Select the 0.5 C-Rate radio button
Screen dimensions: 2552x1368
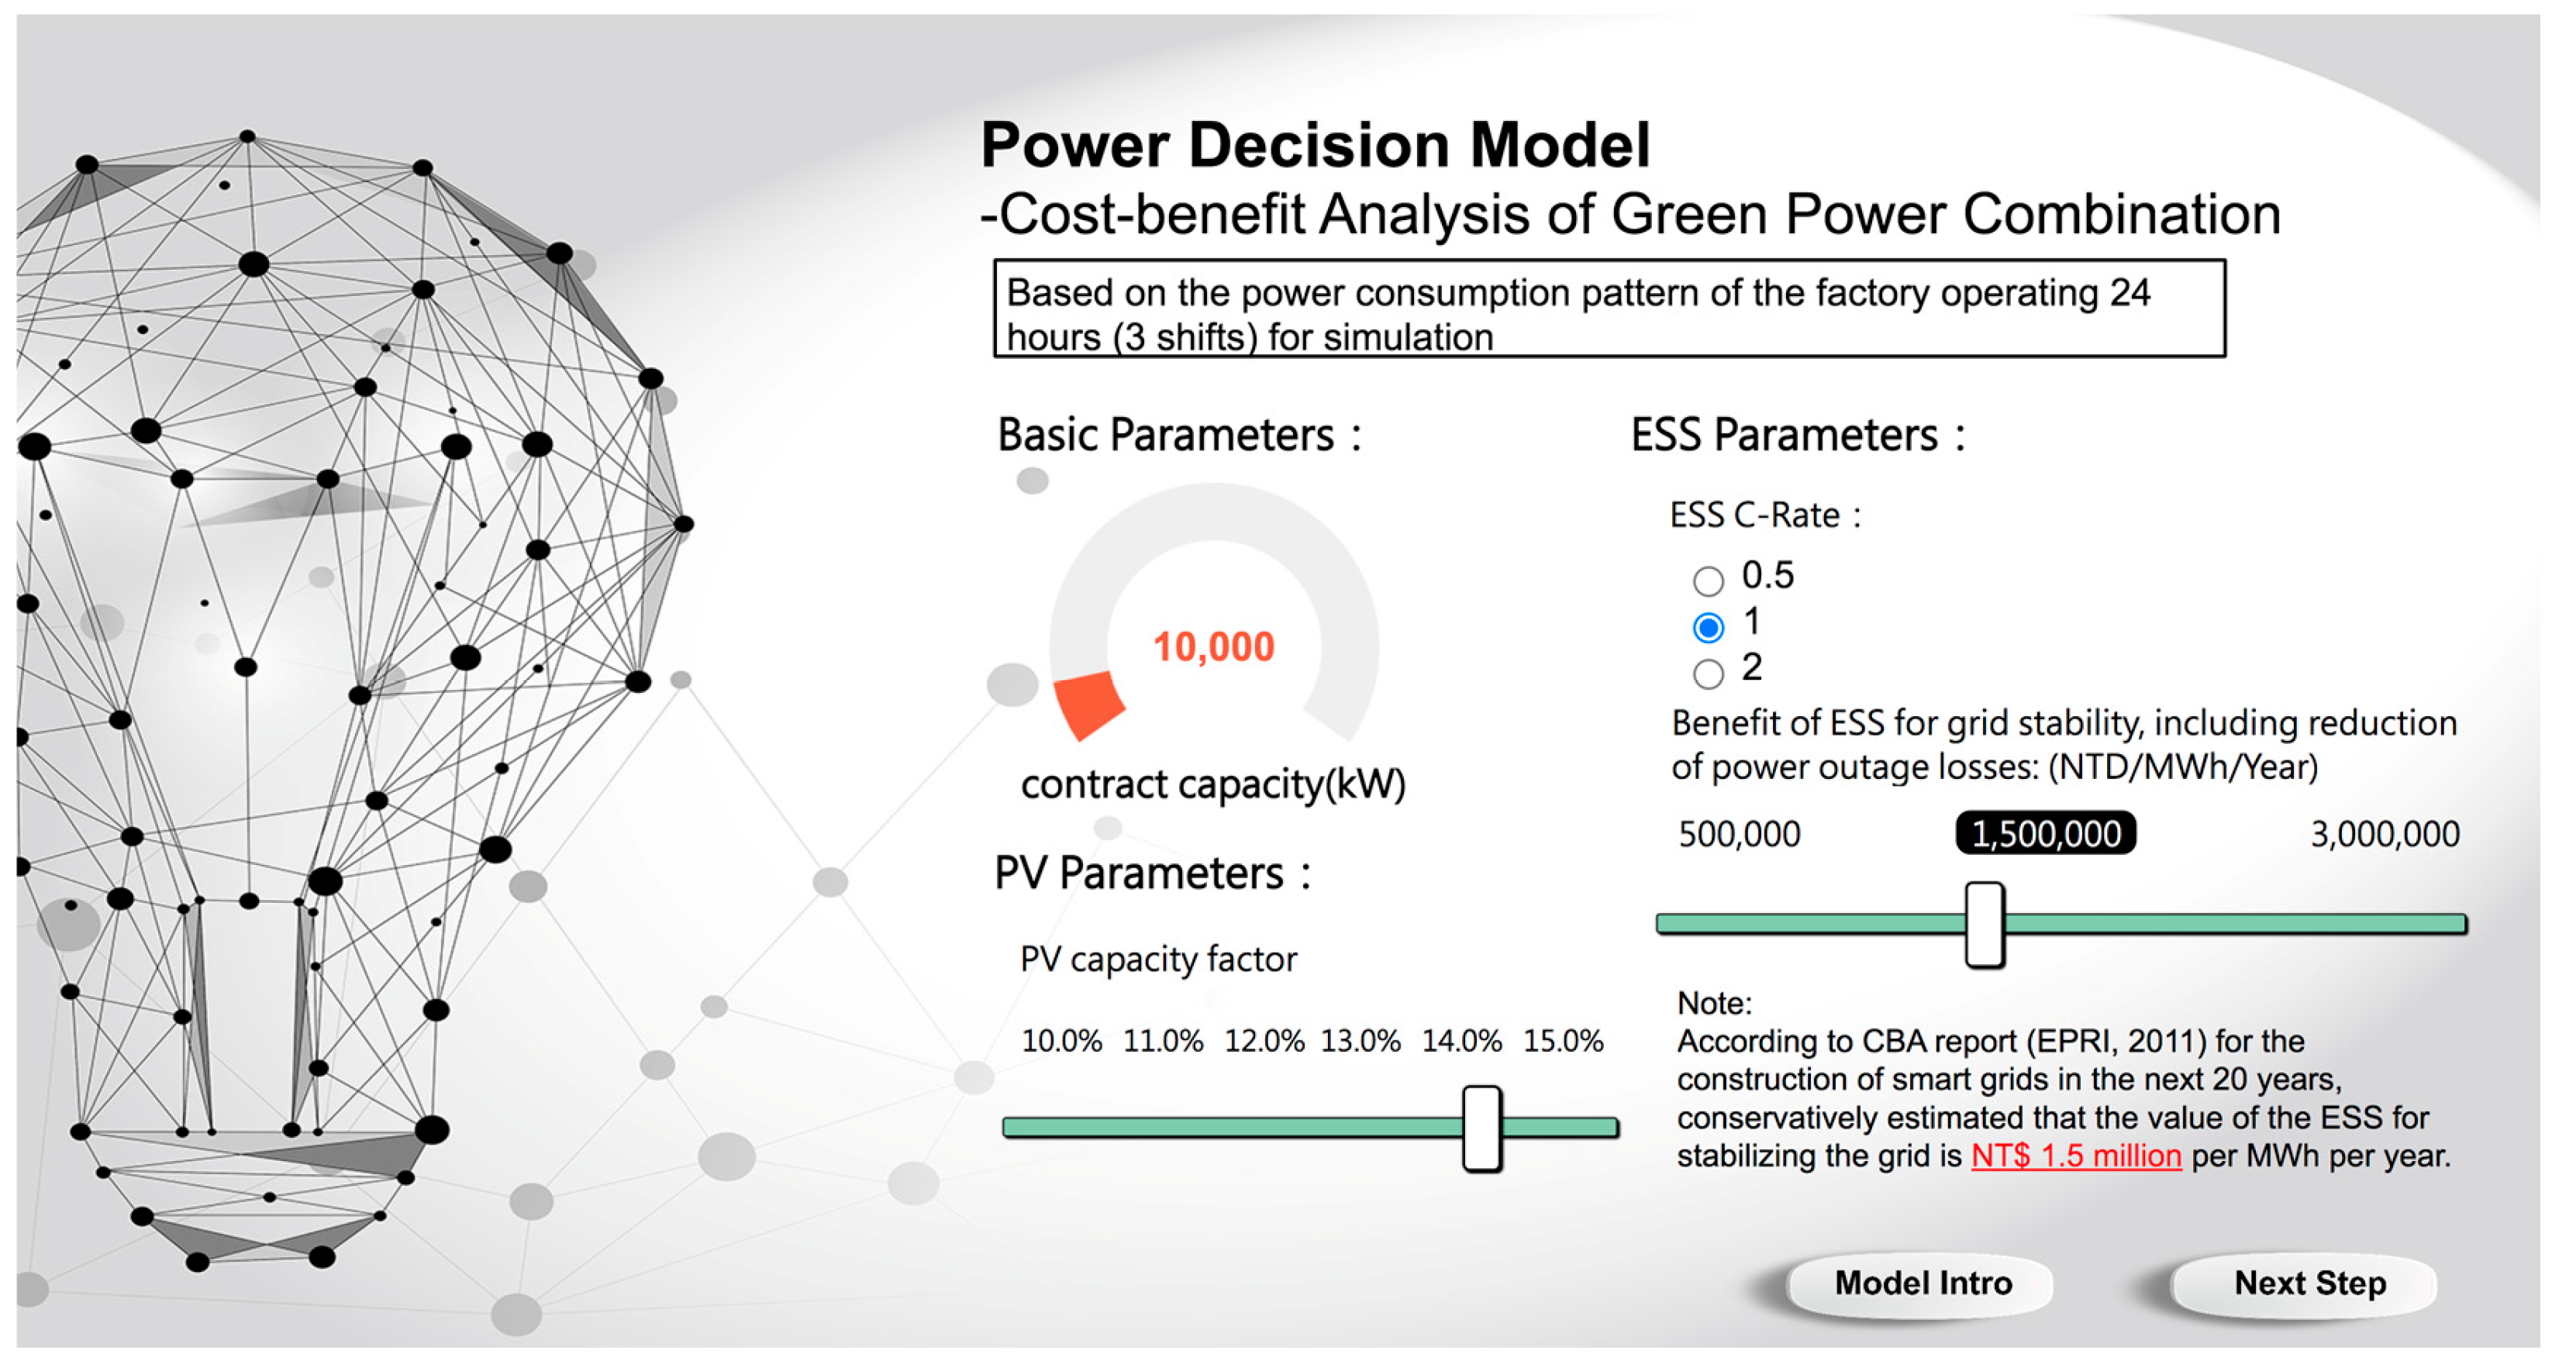[x=1708, y=581]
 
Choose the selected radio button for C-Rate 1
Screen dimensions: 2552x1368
[x=1708, y=627]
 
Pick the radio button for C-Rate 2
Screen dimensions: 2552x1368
[x=1708, y=674]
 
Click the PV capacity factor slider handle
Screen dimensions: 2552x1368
[x=1482, y=1129]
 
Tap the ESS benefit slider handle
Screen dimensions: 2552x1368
[x=1985, y=924]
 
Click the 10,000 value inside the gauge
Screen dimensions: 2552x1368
[x=1213, y=647]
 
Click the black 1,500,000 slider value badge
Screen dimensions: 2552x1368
[x=2046, y=833]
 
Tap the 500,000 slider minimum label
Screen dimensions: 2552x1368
[x=1739, y=834]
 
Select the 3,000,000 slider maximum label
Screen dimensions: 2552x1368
[x=2385, y=834]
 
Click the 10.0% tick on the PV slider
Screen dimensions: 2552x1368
[x=1061, y=1041]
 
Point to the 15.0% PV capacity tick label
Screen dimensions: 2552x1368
[x=1564, y=1041]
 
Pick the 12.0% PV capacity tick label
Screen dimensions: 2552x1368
[x=1264, y=1041]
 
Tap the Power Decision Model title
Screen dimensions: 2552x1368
[x=1316, y=145]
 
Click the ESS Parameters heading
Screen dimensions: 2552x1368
[x=1798, y=435]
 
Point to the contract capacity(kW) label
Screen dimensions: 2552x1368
[x=1213, y=784]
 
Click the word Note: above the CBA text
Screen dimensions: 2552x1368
[x=1714, y=1004]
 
